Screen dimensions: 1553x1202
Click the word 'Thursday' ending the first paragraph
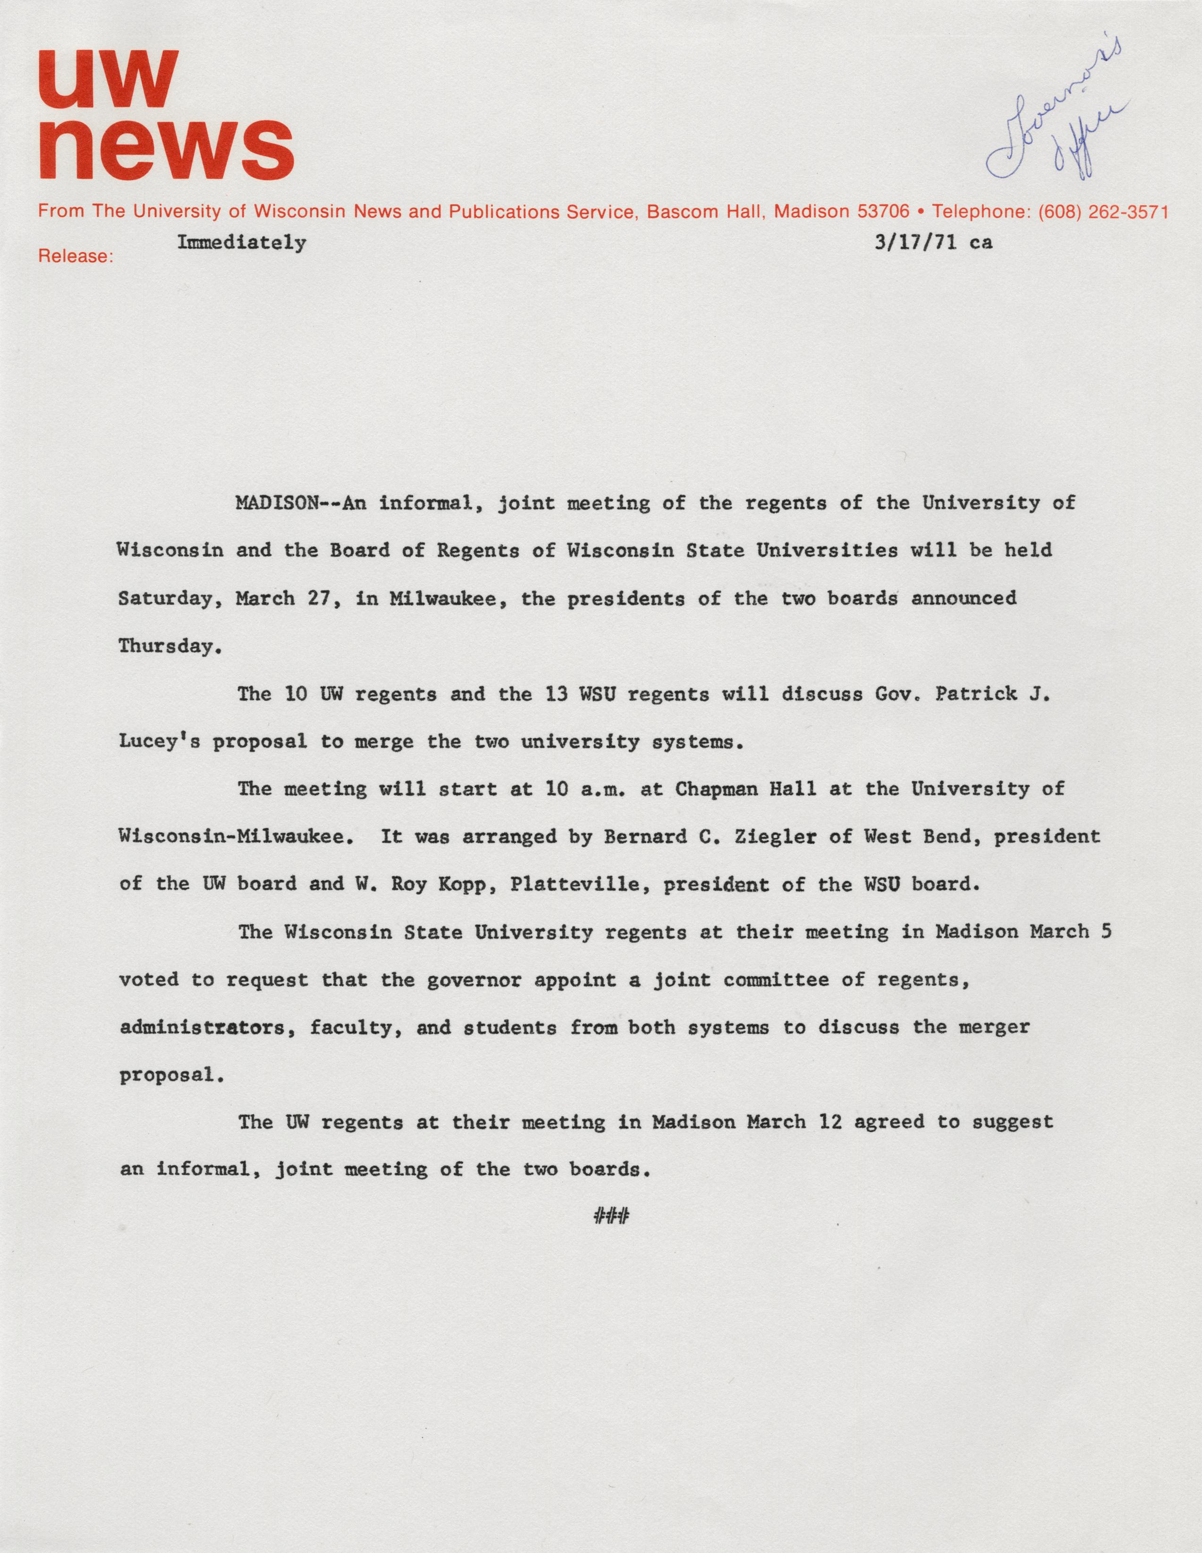165,646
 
